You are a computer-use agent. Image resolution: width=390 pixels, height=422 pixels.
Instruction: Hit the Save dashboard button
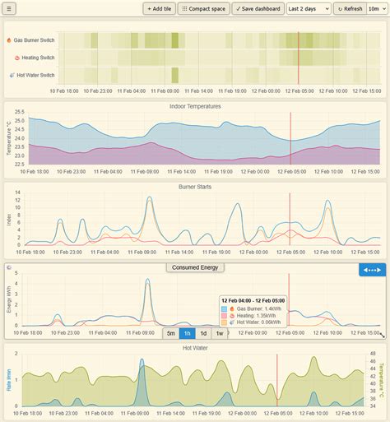[256, 8]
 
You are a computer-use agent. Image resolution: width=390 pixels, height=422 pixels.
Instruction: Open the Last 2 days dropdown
[308, 8]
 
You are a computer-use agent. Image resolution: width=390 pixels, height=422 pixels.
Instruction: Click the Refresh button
[350, 8]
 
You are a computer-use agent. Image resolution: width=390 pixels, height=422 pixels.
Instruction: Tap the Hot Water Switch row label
[34, 75]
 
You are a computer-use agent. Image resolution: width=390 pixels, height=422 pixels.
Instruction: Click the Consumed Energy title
[195, 267]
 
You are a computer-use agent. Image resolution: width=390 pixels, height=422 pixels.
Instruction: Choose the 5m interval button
[170, 333]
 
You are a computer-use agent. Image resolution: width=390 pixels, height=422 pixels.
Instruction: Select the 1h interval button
[188, 333]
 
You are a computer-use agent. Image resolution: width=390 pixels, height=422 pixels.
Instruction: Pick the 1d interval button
[203, 333]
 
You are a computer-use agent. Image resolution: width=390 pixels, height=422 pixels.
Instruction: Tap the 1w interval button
[220, 333]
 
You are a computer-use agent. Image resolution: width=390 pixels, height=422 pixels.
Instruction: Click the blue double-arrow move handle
[372, 270]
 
